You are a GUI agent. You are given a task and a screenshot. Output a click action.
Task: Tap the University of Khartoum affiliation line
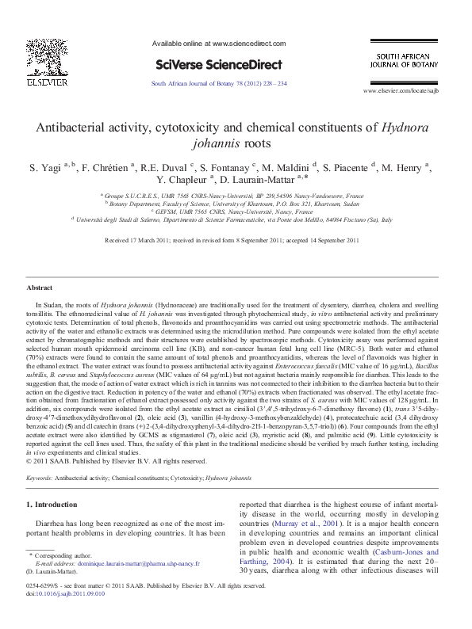tap(236, 202)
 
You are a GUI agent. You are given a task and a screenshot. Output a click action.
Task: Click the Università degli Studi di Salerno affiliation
tap(236, 218)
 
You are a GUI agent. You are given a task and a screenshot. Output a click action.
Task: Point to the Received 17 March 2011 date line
tap(236, 240)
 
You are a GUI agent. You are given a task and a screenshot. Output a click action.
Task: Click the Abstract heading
tap(39, 288)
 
